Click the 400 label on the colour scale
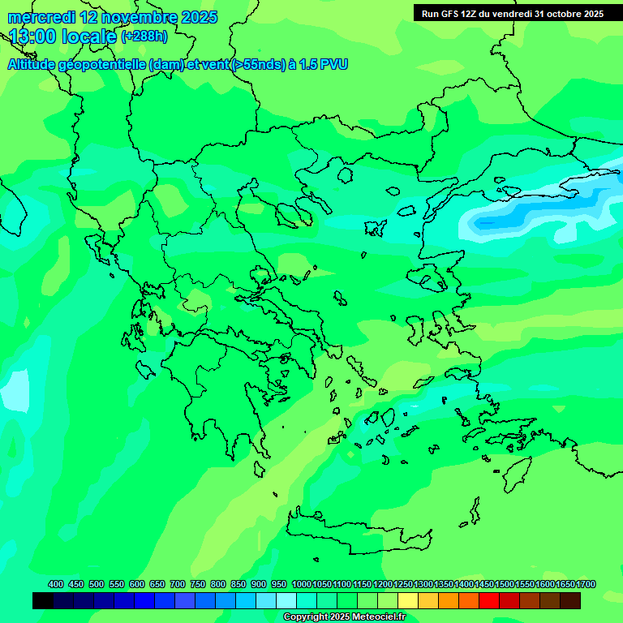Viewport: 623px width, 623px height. [x=56, y=584]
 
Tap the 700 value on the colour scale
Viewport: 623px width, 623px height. [x=178, y=584]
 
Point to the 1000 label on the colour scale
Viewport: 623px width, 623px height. [x=302, y=584]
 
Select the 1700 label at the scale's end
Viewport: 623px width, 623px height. [x=586, y=584]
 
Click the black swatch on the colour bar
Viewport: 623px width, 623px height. [x=43, y=600]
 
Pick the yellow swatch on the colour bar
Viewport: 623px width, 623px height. [x=408, y=600]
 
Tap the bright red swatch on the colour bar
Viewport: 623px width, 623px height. [x=489, y=600]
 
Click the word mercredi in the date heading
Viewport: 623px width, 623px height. [x=41, y=17]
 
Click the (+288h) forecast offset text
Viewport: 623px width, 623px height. [x=144, y=37]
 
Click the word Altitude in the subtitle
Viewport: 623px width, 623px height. [x=33, y=64]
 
